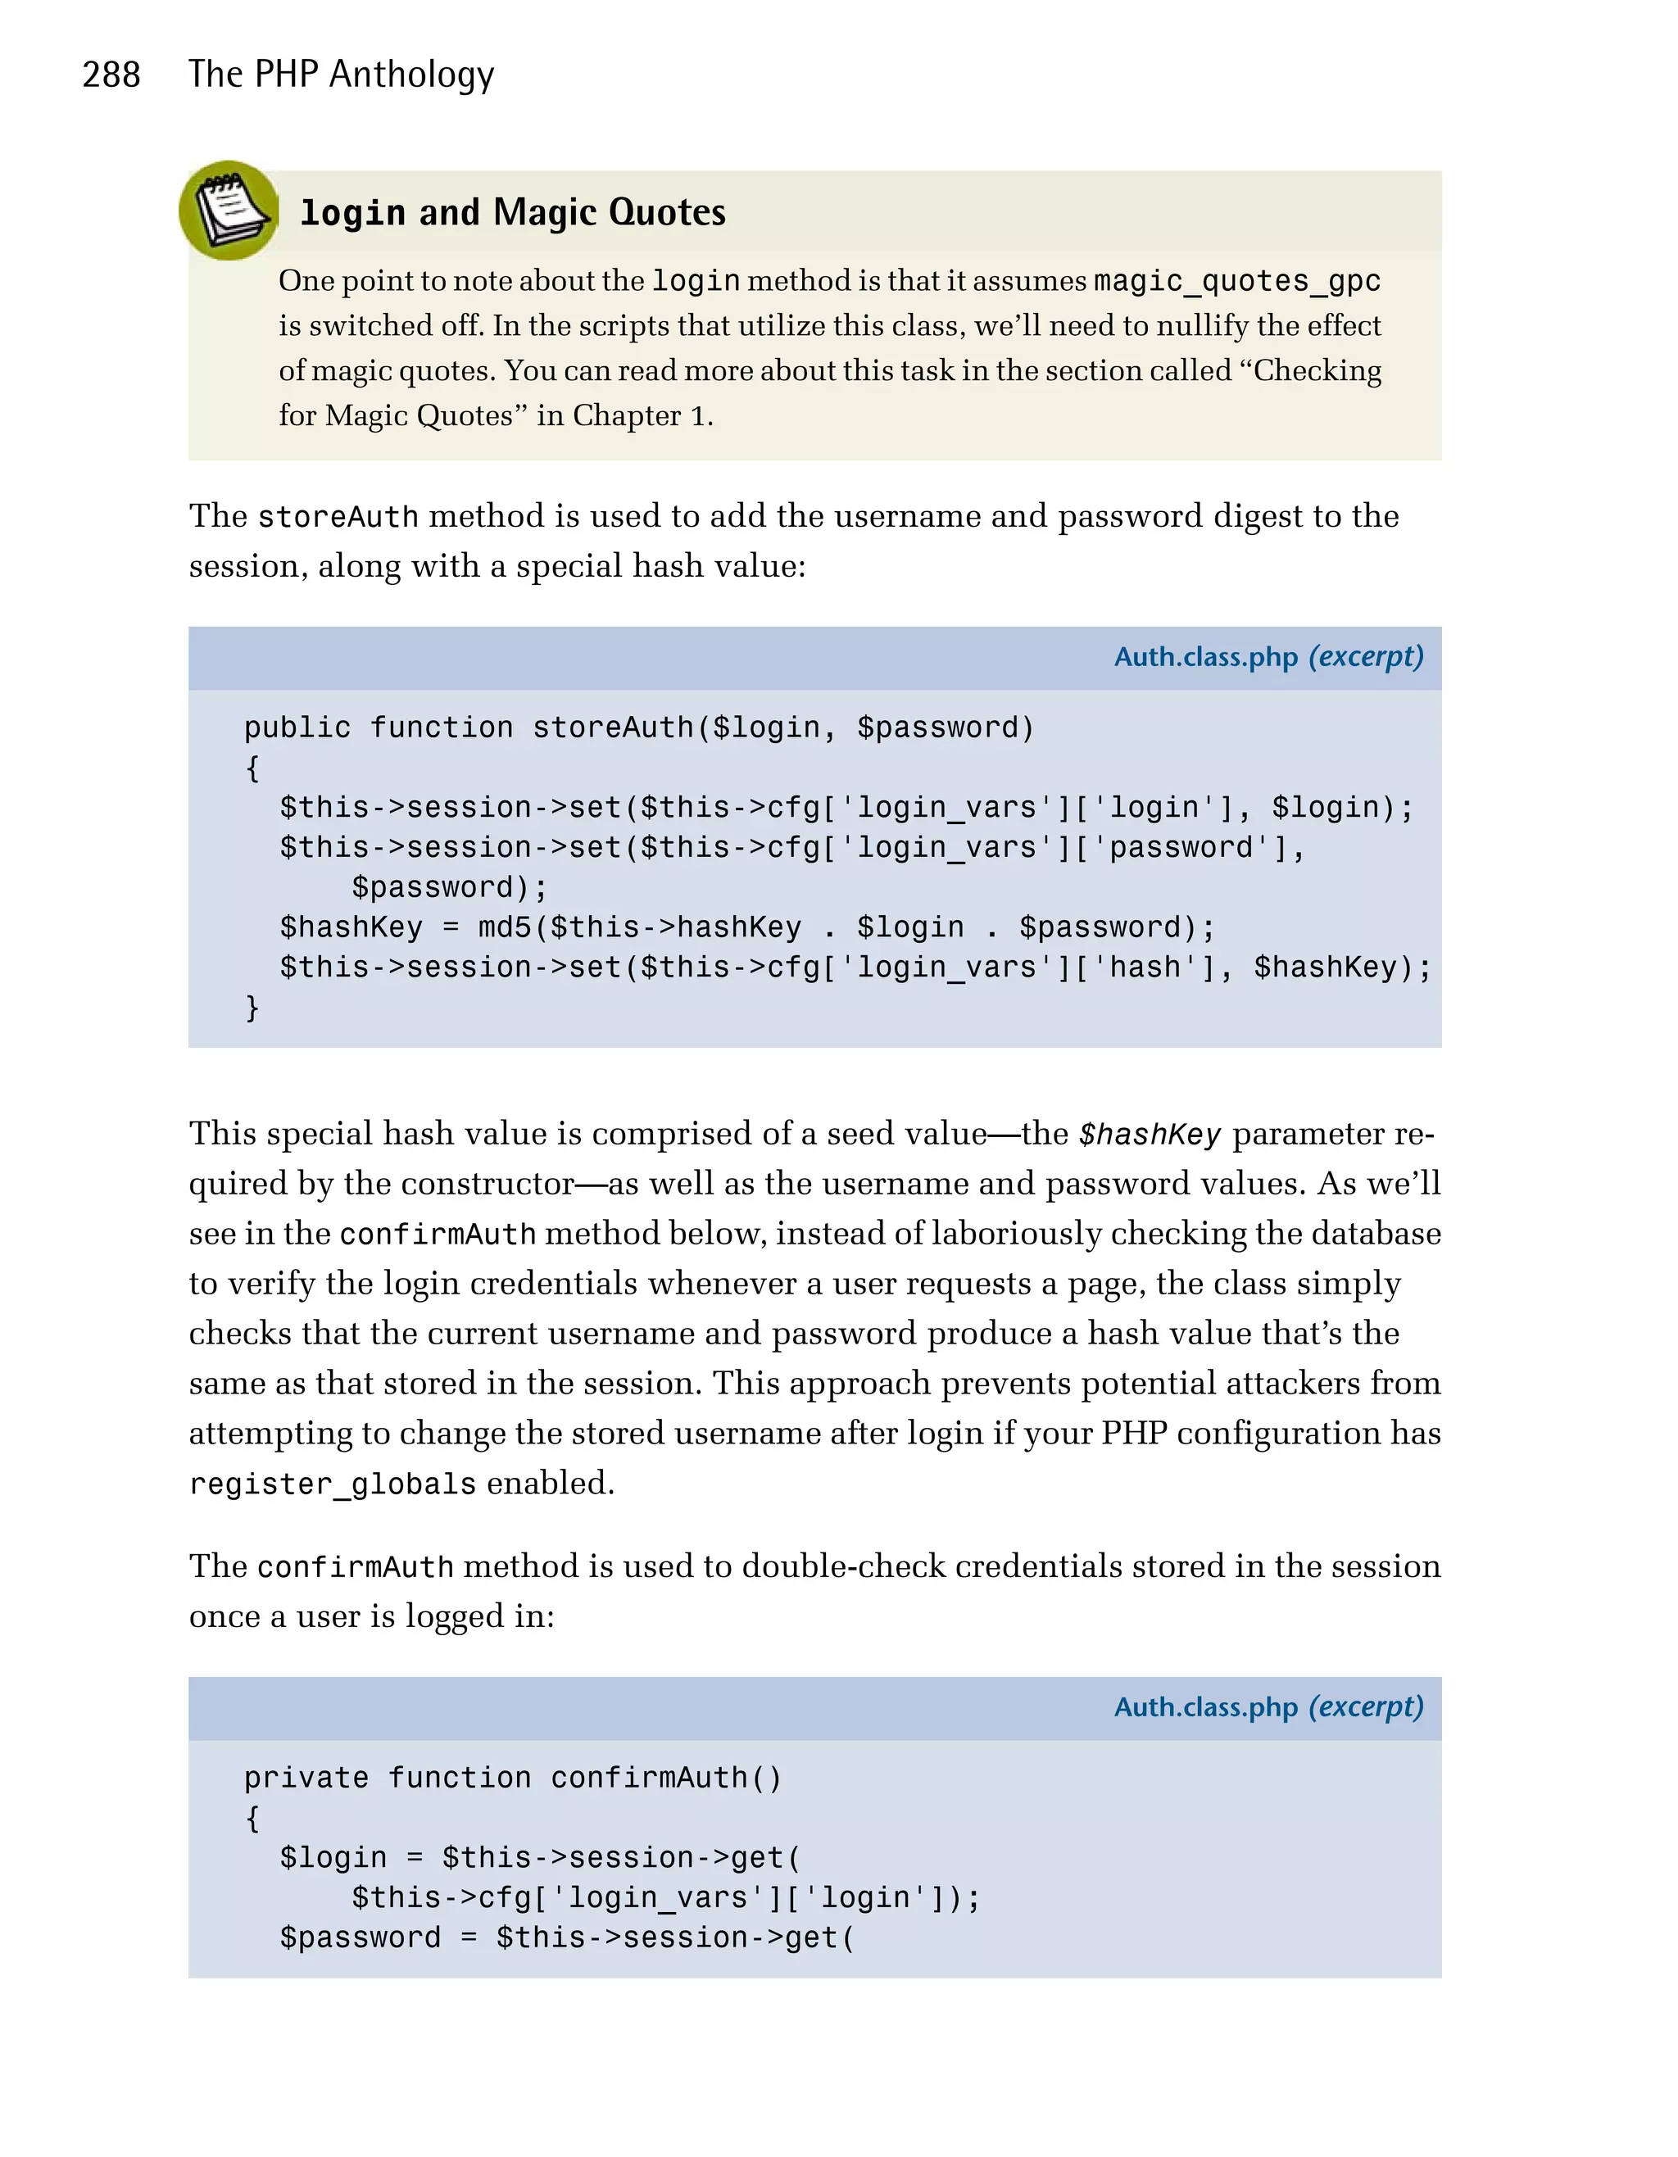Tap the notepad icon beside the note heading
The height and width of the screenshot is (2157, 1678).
coord(229,211)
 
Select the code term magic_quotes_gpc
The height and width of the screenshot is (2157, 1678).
coord(1236,282)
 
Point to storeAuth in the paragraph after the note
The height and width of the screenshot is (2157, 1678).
coord(338,517)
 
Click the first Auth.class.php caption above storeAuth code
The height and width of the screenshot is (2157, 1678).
coord(1205,658)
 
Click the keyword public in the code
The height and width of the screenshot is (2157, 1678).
coord(297,728)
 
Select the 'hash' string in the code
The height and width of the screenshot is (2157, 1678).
coord(1145,967)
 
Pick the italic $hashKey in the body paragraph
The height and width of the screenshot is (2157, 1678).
coord(1150,1135)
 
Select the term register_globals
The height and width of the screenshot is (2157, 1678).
coord(333,1484)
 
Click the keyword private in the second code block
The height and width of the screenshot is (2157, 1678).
coord(306,1778)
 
